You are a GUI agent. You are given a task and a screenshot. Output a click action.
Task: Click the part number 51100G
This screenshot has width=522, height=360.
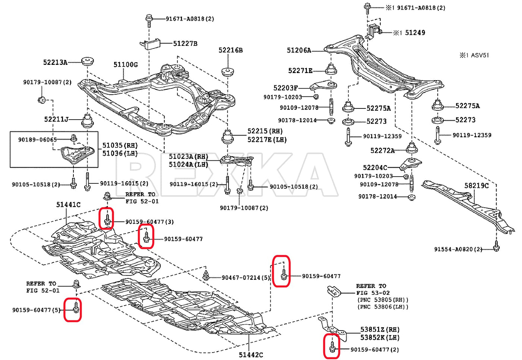pos(125,65)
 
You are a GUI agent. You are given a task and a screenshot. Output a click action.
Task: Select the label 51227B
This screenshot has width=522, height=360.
pos(185,44)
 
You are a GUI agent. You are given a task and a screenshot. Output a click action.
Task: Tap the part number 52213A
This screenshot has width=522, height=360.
pos(55,63)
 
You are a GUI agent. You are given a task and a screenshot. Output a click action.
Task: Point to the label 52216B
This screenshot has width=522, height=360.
pos(230,50)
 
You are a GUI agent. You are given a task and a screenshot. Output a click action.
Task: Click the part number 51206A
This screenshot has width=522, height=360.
pos(299,50)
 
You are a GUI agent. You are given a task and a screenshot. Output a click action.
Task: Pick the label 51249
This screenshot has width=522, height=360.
pos(415,33)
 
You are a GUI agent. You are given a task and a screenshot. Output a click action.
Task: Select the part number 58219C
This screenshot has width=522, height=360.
pos(476,186)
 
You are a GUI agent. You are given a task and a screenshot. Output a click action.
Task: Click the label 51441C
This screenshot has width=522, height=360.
pos(68,205)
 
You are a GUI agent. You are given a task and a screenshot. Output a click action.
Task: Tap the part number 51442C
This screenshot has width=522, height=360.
pos(251,355)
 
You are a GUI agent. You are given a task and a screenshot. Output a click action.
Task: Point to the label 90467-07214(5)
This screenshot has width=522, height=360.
pos(246,278)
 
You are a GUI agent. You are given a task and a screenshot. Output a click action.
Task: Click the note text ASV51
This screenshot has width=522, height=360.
pos(479,56)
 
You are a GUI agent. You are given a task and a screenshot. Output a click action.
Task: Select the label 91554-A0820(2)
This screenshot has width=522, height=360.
pos(458,249)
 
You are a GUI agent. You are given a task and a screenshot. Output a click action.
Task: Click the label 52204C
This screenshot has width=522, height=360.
pos(375,168)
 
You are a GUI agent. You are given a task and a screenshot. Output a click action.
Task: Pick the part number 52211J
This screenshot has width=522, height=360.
pos(56,119)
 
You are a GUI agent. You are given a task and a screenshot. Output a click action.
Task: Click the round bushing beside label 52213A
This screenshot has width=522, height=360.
pos(88,61)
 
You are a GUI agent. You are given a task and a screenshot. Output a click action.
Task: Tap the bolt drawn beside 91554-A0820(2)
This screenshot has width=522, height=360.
pos(496,246)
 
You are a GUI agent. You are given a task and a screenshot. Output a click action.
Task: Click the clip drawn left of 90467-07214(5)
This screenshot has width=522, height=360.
pos(206,276)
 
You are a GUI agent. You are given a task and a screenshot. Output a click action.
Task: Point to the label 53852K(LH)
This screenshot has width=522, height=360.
pos(380,338)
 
